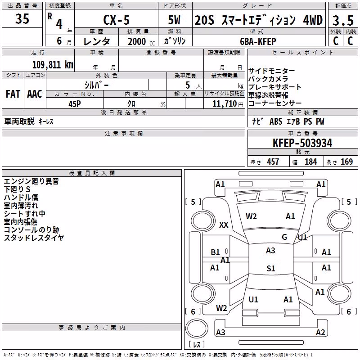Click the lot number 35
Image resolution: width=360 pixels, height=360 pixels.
pos(22,18)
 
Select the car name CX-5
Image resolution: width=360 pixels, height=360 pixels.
pos(117,20)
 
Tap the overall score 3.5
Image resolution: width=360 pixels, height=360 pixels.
pos(343,21)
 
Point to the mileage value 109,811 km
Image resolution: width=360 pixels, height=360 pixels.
pos(53,64)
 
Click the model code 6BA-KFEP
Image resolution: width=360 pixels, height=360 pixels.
pos(258,41)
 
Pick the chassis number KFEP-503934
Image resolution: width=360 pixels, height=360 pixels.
pos(302,143)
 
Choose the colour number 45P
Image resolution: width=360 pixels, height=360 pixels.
pos(75,104)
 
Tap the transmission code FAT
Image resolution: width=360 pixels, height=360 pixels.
pos(13,94)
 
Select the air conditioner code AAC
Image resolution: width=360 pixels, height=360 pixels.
pos(35,94)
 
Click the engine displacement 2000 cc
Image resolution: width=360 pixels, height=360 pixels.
pos(141,42)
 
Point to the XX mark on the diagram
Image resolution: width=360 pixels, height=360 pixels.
pos(224,225)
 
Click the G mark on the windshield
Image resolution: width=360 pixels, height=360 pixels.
pos(284,237)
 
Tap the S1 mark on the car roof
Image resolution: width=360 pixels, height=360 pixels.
pos(271,268)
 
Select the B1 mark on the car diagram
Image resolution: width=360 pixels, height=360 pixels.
pos(215,252)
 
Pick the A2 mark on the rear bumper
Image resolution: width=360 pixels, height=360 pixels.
pos(320,332)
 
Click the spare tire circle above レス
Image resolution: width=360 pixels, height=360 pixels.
pos(197,328)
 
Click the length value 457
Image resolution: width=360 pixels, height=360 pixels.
pos(273,162)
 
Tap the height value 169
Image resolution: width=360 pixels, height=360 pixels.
pos(346,162)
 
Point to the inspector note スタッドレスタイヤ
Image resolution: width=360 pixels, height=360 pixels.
pos(34,238)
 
